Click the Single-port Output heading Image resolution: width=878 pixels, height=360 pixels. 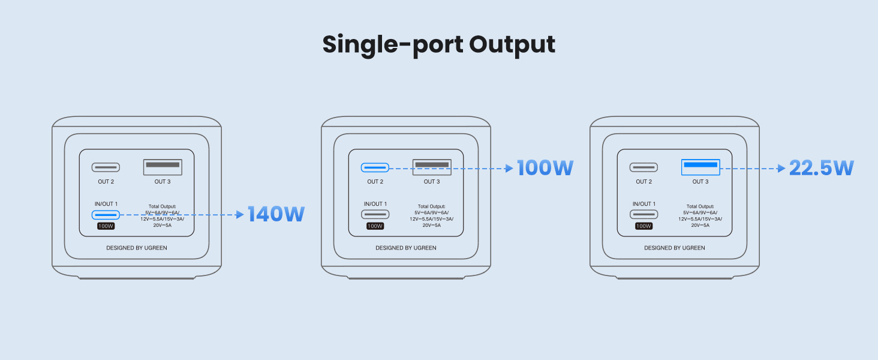(439, 45)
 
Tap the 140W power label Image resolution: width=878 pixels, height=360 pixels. (276, 214)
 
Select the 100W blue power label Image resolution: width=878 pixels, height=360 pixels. (545, 168)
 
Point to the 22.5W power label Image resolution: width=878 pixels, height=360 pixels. (821, 168)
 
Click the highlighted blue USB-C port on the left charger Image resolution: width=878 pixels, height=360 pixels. (106, 214)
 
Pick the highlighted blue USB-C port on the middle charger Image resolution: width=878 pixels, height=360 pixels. (375, 167)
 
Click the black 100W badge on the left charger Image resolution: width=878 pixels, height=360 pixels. (106, 226)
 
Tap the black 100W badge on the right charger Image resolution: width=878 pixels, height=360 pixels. (644, 226)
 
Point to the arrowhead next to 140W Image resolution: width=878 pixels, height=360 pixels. (240, 214)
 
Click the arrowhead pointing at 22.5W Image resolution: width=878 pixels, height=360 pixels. (781, 169)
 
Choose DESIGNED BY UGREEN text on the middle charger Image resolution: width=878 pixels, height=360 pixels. (406, 248)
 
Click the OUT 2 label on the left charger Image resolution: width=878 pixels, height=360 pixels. (106, 182)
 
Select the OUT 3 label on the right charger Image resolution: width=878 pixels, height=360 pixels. (700, 182)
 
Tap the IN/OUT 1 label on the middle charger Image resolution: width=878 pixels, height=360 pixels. (375, 204)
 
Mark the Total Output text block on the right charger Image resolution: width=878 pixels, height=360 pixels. (700, 215)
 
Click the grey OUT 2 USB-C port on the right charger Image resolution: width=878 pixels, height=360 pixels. (644, 167)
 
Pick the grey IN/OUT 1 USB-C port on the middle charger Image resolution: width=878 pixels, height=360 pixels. (375, 214)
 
